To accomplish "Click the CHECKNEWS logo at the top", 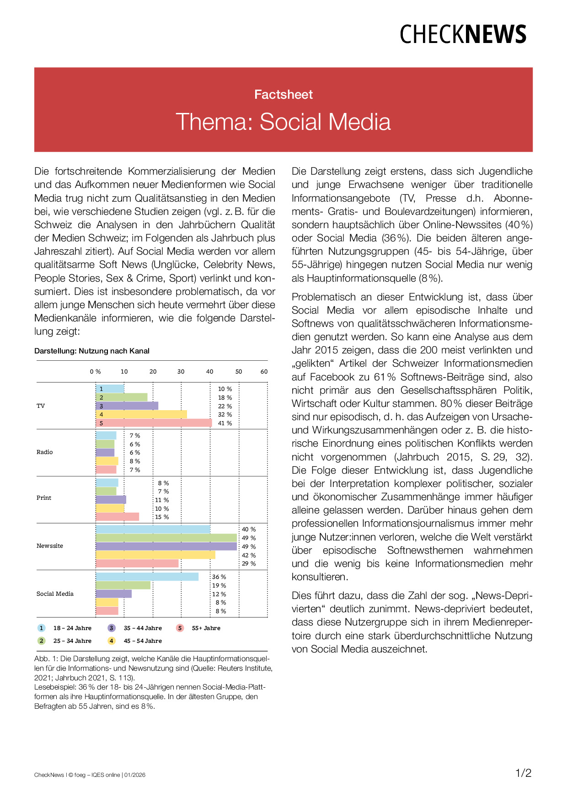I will [x=463, y=35].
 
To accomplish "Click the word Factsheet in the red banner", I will [x=283, y=95].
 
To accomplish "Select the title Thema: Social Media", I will [x=283, y=122].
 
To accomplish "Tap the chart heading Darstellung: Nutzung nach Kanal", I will [x=92, y=351].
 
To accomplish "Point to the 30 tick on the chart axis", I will [x=181, y=372].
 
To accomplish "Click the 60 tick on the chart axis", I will [x=264, y=372].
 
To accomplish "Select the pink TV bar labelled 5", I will [x=154, y=423].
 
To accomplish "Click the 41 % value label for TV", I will [x=225, y=423].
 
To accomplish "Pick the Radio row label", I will [x=45, y=452].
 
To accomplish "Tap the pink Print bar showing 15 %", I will [x=118, y=517].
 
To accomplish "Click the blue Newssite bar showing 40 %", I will [x=153, y=529].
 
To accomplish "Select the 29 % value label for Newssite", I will [x=249, y=564].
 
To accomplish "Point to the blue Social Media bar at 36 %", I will [x=147, y=577].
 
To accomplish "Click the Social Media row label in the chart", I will [x=55, y=594].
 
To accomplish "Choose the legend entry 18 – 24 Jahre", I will [x=72, y=628].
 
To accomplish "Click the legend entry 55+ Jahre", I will [x=206, y=628].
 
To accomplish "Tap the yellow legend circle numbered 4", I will [x=112, y=641].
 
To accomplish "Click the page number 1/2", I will [x=524, y=773].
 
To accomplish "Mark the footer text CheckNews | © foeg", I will [x=59, y=775].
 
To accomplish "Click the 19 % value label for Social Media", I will [x=219, y=586].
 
